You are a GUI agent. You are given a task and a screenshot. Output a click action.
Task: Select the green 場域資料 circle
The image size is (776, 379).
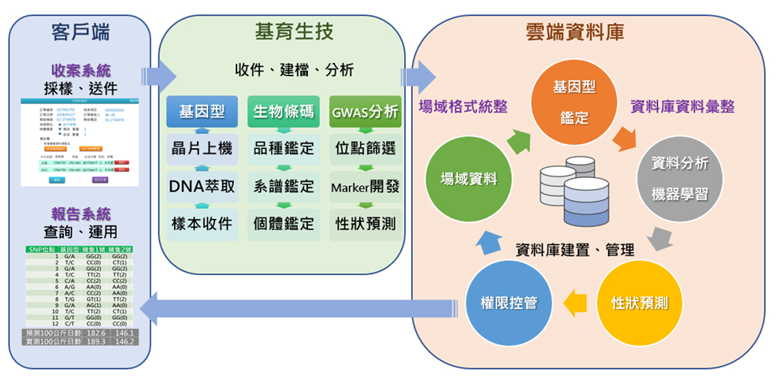468,179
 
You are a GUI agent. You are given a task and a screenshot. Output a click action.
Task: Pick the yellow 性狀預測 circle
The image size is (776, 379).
640,303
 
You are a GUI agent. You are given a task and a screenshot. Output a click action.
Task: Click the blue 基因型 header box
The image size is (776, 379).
202,112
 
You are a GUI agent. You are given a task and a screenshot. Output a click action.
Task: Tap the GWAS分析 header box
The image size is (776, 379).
365,112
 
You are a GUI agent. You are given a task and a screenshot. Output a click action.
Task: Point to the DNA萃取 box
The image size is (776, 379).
202,187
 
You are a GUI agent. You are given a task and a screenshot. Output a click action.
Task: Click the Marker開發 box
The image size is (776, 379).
365,187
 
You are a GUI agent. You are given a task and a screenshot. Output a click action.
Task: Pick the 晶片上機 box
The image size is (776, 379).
202,148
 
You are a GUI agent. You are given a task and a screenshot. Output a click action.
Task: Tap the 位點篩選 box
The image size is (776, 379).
365,148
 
